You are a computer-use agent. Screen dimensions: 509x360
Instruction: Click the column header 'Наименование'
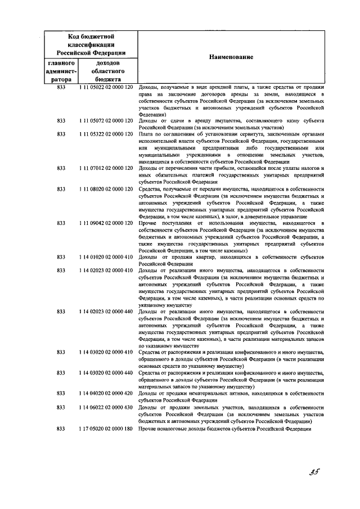click(x=231, y=57)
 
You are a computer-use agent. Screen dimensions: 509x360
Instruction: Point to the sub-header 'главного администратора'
click(x=61, y=71)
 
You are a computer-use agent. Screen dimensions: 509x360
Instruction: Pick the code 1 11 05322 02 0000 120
click(x=105, y=134)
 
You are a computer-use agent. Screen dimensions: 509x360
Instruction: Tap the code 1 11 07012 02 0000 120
click(x=105, y=168)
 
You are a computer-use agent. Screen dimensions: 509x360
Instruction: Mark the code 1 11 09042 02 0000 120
click(x=105, y=223)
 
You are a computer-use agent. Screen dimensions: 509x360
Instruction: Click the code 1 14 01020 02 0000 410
click(x=105, y=256)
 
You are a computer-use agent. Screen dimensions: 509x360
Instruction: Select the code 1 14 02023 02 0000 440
click(x=105, y=311)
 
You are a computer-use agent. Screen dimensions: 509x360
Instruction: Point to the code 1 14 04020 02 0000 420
click(x=105, y=393)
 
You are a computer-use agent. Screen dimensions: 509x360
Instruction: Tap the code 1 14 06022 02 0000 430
click(x=105, y=407)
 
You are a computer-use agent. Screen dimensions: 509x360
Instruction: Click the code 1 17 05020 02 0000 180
click(x=105, y=429)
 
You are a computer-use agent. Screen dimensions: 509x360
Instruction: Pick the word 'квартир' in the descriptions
click(x=206, y=256)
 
